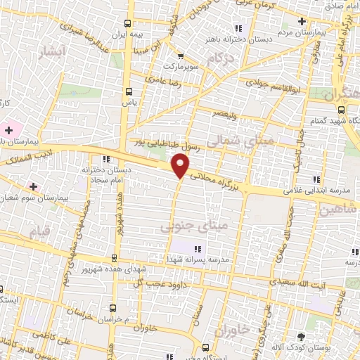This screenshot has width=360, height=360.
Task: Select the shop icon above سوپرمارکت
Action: click(181, 56)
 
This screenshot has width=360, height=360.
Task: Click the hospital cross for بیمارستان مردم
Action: click(302, 21)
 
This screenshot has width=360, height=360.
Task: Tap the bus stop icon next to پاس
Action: click(129, 91)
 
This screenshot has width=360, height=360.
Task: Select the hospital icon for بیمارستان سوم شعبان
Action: click(33, 186)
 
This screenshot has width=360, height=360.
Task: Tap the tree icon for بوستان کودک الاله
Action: click(302, 337)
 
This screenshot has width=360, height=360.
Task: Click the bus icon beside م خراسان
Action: click(113, 307)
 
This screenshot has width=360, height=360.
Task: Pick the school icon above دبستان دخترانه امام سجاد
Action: click(105, 159)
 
